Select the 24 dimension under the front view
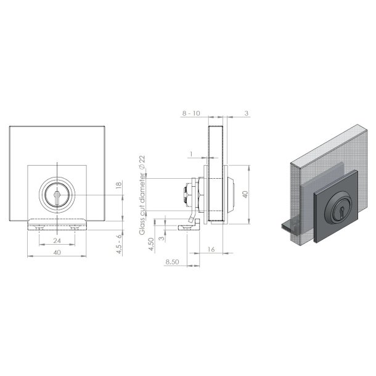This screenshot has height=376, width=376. point(57,241)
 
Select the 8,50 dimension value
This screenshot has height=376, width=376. point(173,262)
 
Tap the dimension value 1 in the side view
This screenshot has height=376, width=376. point(192,154)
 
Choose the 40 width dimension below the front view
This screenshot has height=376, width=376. point(57,253)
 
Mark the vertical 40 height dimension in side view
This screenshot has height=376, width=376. point(245,194)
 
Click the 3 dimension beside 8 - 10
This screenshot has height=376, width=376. point(245,113)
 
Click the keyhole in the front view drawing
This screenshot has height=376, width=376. point(57,195)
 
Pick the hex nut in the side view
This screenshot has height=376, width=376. point(185,196)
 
